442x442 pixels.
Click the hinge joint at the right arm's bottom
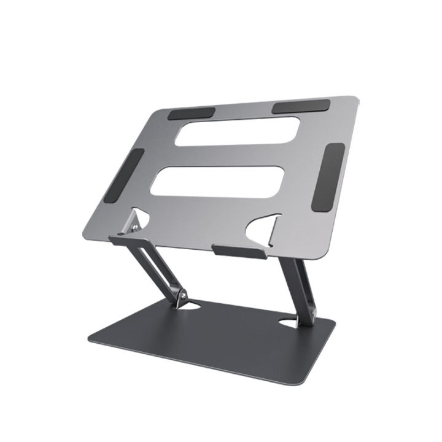pos(304,316)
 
